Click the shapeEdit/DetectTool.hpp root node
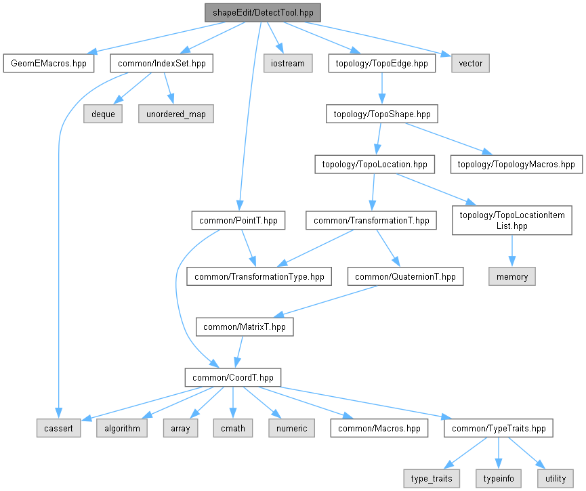point(262,12)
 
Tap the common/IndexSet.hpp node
point(161,64)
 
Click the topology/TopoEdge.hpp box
point(381,64)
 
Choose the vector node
point(470,64)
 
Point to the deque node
point(103,114)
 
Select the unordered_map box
point(176,114)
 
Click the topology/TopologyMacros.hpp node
point(516,164)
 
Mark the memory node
point(512,276)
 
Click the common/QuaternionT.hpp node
point(405,276)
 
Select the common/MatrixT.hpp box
point(245,326)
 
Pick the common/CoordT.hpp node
point(233,377)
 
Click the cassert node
point(58,428)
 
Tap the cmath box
point(232,428)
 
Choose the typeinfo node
point(499,478)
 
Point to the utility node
point(556,478)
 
